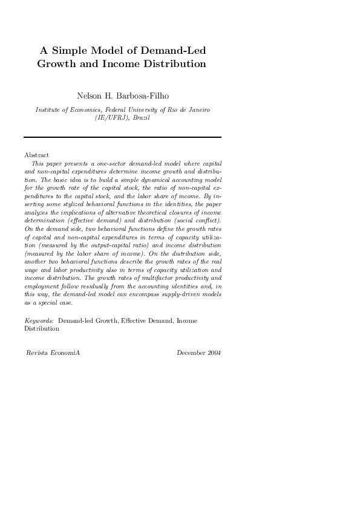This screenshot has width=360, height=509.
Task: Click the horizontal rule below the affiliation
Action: [x=122, y=137]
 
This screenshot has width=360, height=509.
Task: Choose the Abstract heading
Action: [x=36, y=155]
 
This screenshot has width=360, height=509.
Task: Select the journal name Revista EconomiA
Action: [x=53, y=352]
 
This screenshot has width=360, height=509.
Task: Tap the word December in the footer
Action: [x=191, y=352]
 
